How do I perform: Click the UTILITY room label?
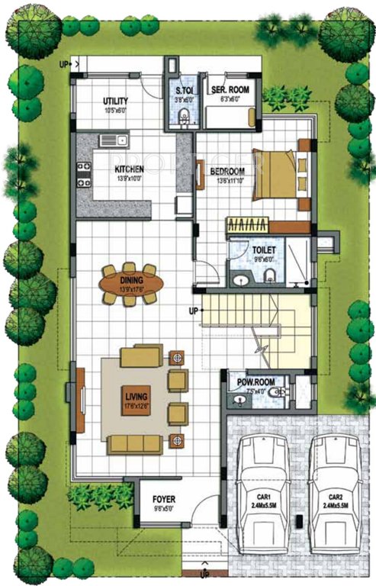pyautogui.click(x=115, y=101)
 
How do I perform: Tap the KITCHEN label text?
pyautogui.click(x=130, y=169)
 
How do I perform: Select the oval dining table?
pyautogui.click(x=131, y=284)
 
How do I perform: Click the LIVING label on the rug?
pyautogui.click(x=139, y=397)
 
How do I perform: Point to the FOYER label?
pyautogui.click(x=164, y=500)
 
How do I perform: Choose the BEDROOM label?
pyautogui.click(x=227, y=171)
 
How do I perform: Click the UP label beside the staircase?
pyautogui.click(x=193, y=311)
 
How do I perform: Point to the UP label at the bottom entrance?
pyautogui.click(x=204, y=574)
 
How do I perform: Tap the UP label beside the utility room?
pyautogui.click(x=63, y=64)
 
